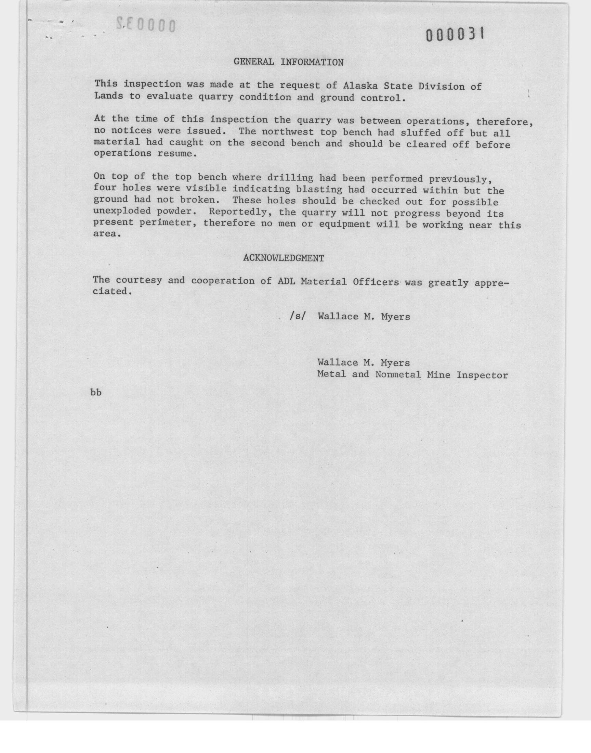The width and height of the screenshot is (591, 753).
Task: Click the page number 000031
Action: (455, 35)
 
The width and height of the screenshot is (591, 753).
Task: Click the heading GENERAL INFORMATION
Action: (289, 62)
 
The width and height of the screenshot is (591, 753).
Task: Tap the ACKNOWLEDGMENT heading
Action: (284, 258)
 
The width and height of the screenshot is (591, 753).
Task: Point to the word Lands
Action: (108, 96)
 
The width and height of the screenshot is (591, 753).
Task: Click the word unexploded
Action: (122, 211)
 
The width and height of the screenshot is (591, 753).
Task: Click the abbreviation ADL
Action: (286, 281)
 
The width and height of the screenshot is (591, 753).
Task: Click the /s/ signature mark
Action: (298, 317)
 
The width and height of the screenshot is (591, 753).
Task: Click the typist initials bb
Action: (96, 393)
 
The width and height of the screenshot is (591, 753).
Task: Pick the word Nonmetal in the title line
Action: (398, 374)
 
